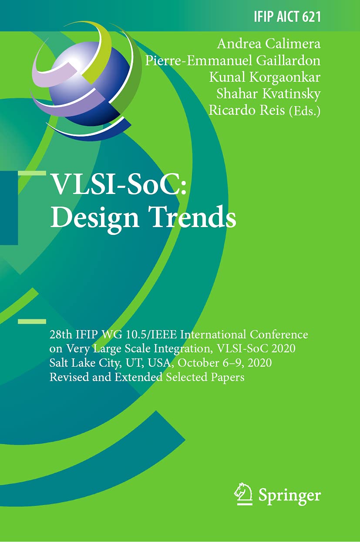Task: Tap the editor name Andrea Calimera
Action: [269, 44]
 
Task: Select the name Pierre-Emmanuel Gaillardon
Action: [232, 60]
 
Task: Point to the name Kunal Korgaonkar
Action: [265, 77]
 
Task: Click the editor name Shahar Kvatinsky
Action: [269, 94]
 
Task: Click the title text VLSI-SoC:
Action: [119, 184]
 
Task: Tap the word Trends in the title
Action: [194, 216]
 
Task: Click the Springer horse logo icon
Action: [243, 490]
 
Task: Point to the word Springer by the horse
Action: [289, 490]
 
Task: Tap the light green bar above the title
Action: [32, 173]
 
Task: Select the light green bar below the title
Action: [32, 321]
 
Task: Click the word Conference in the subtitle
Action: [279, 335]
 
